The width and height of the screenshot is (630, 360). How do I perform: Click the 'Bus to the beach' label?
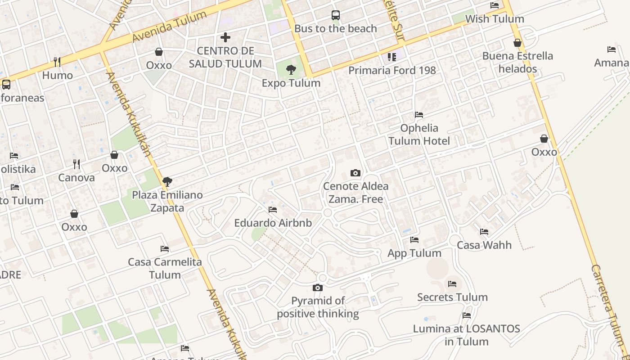335,29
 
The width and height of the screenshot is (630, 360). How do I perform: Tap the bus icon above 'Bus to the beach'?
336,15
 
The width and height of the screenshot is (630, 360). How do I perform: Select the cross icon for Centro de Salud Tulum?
225,37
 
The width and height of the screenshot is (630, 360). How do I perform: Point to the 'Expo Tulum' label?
291,83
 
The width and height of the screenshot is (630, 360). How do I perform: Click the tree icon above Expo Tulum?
291,70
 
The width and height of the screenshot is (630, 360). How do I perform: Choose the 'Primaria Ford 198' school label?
392,71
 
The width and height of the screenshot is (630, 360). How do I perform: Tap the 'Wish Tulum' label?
495,19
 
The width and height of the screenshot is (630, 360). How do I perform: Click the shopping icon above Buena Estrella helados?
517,43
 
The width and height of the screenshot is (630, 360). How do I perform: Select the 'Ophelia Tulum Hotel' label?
419,135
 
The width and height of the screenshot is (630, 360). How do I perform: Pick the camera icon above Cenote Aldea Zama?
355,173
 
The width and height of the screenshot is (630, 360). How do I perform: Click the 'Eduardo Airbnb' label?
273,223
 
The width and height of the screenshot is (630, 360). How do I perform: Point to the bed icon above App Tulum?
414,240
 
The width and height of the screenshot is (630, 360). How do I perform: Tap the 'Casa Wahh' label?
484,245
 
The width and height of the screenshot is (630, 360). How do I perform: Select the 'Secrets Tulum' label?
452,297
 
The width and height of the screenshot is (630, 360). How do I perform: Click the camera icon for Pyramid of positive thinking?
318,288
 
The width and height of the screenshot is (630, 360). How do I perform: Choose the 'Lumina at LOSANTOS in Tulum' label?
467,335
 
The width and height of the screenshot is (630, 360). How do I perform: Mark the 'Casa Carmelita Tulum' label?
165,268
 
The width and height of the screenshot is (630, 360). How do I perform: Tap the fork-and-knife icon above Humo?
57,62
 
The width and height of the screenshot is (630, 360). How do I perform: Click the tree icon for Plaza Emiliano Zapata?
167,182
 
